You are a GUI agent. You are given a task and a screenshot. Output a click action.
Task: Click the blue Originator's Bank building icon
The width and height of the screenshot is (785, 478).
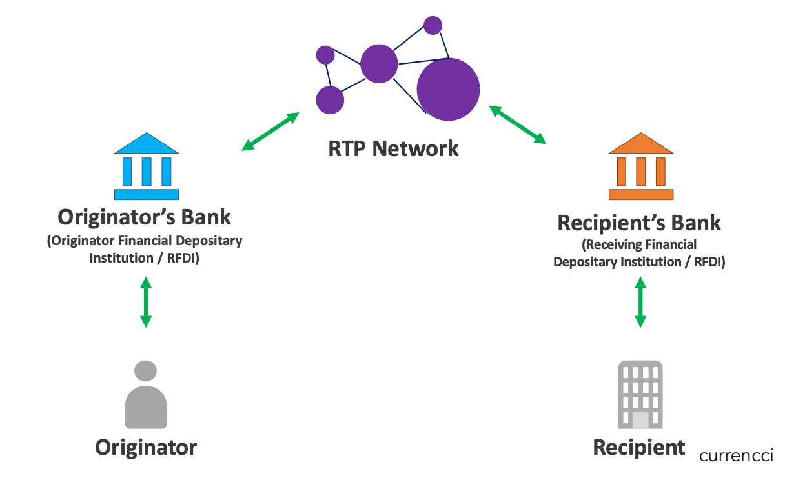click(147, 166)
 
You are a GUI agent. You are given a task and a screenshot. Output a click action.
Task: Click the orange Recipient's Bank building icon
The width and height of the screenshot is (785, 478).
click(641, 166)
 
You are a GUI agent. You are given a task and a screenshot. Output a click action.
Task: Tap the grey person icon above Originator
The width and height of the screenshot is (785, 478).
click(146, 394)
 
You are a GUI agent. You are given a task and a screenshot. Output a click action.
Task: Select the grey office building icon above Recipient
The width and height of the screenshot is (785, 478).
click(640, 395)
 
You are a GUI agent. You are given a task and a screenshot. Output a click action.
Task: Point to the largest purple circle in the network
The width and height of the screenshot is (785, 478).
click(448, 89)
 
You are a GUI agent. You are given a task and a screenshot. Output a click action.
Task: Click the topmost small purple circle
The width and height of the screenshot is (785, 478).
click(433, 25)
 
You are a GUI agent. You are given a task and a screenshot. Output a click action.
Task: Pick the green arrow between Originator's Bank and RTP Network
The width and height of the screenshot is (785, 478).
click(270, 132)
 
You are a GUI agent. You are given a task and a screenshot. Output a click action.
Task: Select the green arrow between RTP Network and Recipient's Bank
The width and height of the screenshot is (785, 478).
click(518, 124)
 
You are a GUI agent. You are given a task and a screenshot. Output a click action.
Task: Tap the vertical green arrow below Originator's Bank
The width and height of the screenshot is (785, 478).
click(146, 302)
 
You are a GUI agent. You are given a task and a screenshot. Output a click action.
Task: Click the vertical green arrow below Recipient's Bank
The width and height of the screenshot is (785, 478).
click(640, 302)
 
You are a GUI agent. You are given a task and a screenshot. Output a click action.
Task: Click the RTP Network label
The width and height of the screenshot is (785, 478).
click(393, 148)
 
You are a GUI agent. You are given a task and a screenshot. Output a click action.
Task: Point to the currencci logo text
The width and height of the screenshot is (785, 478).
click(736, 455)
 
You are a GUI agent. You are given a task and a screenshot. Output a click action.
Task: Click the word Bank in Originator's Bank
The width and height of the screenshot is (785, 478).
click(206, 217)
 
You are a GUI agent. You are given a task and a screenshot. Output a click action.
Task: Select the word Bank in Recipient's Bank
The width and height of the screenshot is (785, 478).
click(696, 223)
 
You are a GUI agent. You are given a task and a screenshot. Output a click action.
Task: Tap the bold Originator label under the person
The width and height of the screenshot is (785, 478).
click(146, 448)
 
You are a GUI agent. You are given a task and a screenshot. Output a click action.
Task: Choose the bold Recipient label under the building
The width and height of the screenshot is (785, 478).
click(639, 447)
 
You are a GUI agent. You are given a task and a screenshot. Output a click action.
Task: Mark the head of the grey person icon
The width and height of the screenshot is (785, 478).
click(145, 370)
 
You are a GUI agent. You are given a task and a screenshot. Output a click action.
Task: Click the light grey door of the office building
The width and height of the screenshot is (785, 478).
click(640, 420)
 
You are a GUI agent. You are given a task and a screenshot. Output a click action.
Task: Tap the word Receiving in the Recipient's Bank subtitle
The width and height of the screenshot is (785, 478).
click(611, 244)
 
